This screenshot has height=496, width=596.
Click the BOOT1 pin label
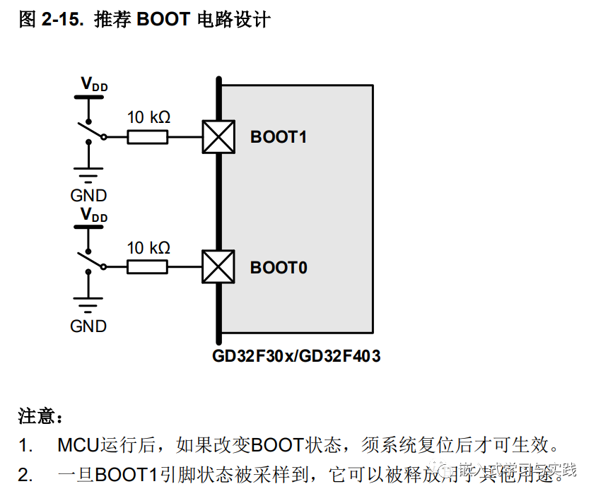click(x=279, y=136)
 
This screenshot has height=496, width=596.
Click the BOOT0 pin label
click(x=279, y=268)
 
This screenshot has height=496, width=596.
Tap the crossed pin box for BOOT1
click(x=218, y=136)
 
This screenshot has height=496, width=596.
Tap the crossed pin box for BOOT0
click(x=218, y=267)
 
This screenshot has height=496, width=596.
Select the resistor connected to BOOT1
click(x=148, y=136)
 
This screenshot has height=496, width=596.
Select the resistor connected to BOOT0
click(x=148, y=267)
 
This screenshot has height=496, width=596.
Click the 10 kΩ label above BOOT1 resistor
click(x=148, y=117)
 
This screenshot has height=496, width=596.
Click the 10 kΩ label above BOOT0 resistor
click(x=148, y=248)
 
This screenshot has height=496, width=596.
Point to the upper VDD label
click(x=93, y=84)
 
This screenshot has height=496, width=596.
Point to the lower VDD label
click(x=93, y=214)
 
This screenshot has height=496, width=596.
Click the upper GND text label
click(x=88, y=195)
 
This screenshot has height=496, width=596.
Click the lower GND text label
click(x=88, y=326)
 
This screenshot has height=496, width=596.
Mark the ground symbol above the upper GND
click(x=88, y=174)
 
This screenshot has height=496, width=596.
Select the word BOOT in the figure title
click(x=163, y=19)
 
